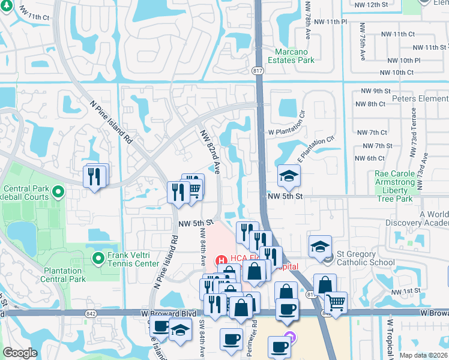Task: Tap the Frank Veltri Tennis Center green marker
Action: point(99,258)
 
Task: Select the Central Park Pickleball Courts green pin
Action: point(58,192)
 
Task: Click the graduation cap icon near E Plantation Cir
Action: point(289,176)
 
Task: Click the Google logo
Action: point(20,353)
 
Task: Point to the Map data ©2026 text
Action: point(423,355)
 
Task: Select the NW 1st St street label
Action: point(405,292)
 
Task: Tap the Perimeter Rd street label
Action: point(255,332)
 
